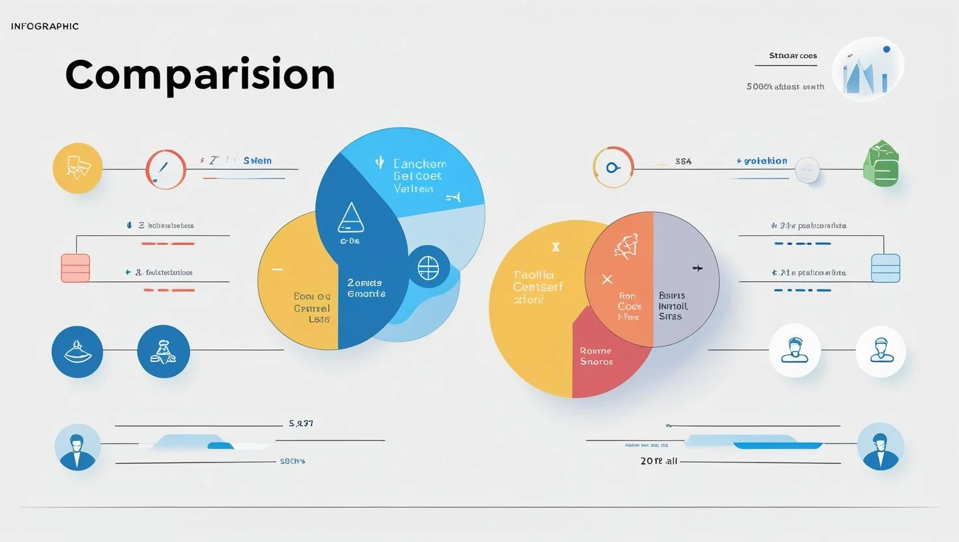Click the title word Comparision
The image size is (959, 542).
tap(200, 74)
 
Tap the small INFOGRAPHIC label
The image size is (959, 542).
tap(45, 27)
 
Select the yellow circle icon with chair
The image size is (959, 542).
tap(78, 168)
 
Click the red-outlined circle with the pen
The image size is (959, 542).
tap(165, 169)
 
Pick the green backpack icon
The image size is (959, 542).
tap(881, 164)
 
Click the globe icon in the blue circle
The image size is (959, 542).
tap(428, 268)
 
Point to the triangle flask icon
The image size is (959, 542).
tap(351, 218)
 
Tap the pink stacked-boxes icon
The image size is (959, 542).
tap(75, 268)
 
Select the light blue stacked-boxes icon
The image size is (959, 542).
tap(885, 268)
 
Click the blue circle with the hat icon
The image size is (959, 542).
tap(77, 352)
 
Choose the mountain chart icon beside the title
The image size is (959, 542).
tap(867, 70)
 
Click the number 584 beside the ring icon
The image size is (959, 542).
tap(683, 162)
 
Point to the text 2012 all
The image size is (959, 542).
tap(659, 461)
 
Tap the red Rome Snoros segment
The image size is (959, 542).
tap(596, 356)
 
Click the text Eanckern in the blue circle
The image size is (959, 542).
tap(420, 164)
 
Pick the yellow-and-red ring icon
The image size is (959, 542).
tap(613, 167)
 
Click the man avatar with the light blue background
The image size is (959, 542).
tap(78, 448)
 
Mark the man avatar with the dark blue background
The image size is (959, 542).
tap(881, 447)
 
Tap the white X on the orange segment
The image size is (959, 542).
tap(607, 279)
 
